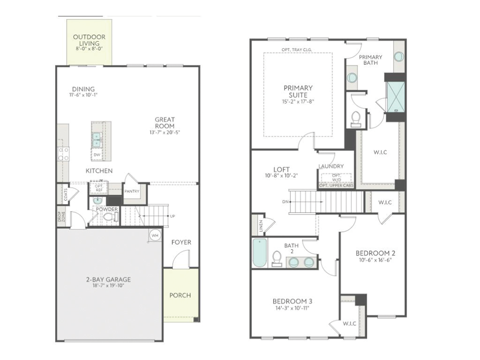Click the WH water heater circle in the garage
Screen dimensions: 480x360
(155, 235)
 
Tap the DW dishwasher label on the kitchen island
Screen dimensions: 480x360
(97, 155)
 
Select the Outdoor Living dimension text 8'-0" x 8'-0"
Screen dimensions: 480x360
(89, 48)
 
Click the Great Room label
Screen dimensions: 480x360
(165, 123)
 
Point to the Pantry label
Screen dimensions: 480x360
(132, 192)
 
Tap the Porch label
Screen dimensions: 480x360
(180, 295)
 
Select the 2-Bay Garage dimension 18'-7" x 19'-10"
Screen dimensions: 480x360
(108, 286)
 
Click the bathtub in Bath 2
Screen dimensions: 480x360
(260, 253)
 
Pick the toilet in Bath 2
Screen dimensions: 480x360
(277, 259)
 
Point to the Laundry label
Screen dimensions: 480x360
(331, 166)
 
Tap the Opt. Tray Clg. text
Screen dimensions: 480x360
(297, 49)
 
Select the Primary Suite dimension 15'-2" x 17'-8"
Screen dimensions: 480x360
(298, 101)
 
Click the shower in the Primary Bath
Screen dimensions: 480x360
(396, 97)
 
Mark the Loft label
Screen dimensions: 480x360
(282, 169)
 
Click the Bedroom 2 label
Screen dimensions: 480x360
(375, 253)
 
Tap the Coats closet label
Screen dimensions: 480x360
(66, 194)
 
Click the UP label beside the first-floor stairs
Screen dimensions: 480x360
(172, 216)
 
